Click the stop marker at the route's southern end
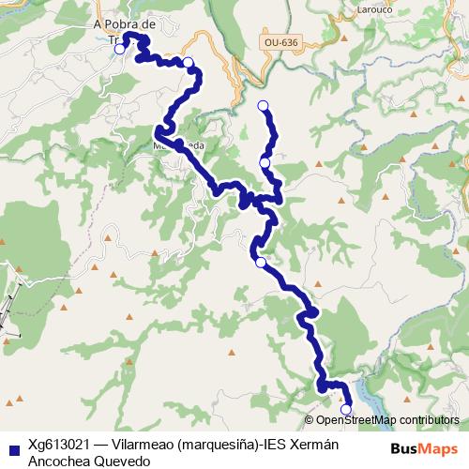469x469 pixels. (x=346, y=409)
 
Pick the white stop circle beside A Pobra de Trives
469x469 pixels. (x=119, y=49)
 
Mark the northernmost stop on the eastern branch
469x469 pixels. (x=263, y=105)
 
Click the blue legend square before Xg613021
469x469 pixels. (x=12, y=447)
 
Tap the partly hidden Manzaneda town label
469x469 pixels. (x=178, y=147)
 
